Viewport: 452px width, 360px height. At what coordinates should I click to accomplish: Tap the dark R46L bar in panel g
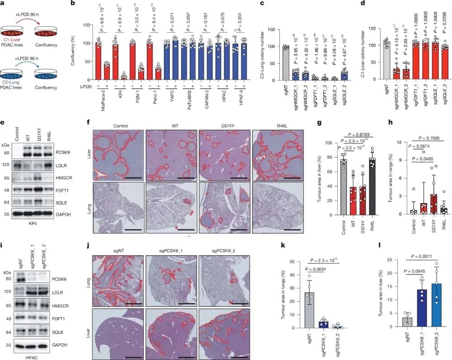point(385,186)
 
